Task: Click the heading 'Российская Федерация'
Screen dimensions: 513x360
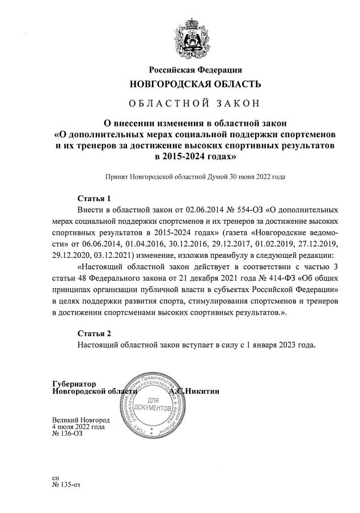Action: point(196,70)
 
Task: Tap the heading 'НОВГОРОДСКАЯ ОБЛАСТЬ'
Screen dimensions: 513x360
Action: point(196,85)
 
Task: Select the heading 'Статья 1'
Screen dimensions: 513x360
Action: point(94,199)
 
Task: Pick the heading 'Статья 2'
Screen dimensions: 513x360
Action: point(94,333)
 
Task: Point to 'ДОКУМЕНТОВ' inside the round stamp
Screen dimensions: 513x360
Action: point(151,408)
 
